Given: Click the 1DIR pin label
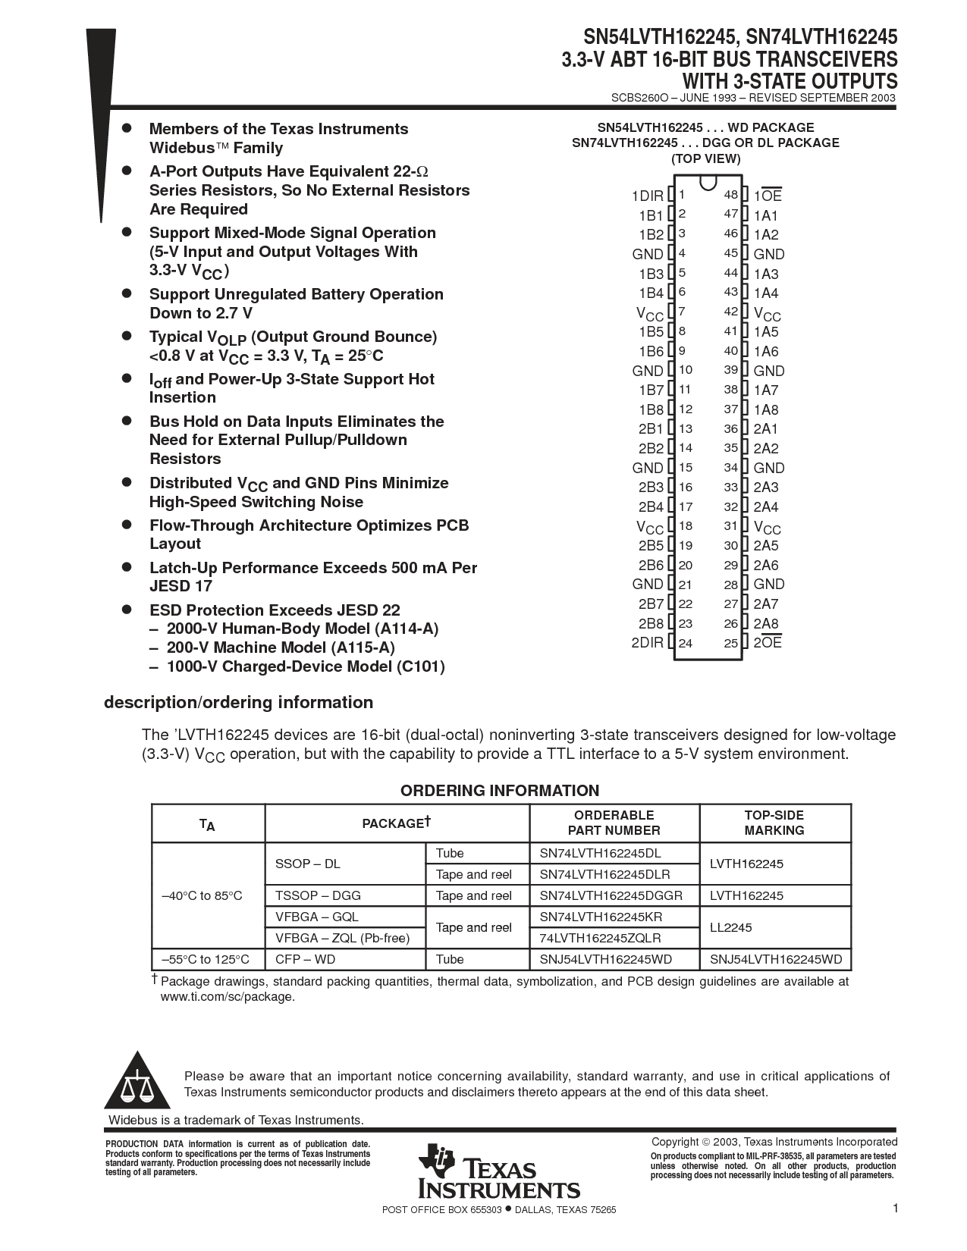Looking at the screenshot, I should click(647, 196).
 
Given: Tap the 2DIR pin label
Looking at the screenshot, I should click(647, 643).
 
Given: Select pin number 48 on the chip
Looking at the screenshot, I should click(730, 195).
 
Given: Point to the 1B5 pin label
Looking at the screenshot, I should click(651, 331).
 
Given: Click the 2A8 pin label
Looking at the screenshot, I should click(766, 624).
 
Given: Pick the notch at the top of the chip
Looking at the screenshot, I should click(708, 183).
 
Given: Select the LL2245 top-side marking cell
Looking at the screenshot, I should click(730, 927).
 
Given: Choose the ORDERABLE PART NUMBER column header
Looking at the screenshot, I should click(614, 823).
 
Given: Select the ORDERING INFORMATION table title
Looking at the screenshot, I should click(500, 791).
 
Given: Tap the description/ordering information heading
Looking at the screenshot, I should click(238, 702).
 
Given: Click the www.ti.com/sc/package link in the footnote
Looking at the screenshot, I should click(227, 997).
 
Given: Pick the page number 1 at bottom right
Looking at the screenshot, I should click(895, 1209).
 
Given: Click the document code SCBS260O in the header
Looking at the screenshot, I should click(639, 98).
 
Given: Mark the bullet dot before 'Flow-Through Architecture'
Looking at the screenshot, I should click(128, 524).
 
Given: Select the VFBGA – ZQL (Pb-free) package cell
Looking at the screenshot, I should click(342, 938).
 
